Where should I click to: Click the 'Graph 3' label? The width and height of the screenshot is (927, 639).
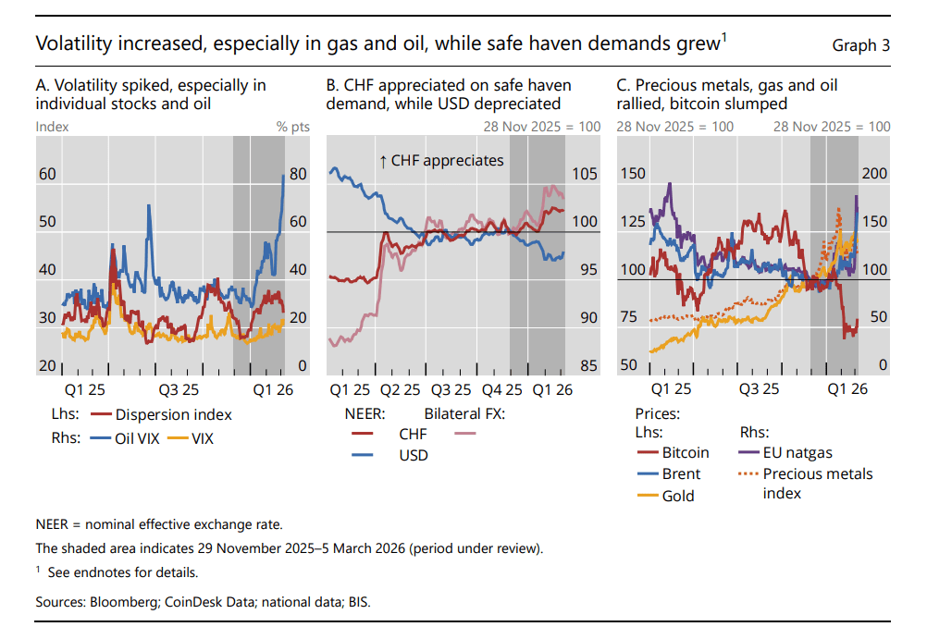point(861,44)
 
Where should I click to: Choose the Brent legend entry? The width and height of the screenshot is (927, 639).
point(681,474)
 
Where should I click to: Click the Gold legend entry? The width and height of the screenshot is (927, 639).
point(678,497)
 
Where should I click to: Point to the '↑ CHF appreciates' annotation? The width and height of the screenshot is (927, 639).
point(441,160)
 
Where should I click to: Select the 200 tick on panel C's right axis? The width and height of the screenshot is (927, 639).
point(874,174)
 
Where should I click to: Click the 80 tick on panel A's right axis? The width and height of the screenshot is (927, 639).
point(298,174)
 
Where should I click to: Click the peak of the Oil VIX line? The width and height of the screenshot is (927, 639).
point(284,175)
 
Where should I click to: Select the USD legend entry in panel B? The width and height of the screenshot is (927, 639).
point(413,455)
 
